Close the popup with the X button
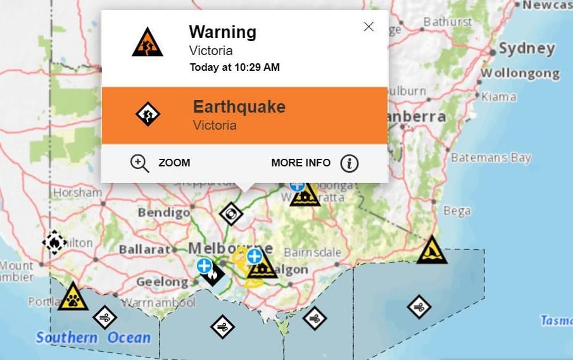pos(368,27)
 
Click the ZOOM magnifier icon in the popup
pos(139,163)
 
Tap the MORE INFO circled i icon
pos(349,163)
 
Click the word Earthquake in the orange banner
pos(239,106)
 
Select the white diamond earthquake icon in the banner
pos(148,115)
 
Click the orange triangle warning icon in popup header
pos(148,42)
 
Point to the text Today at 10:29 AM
pos(234,67)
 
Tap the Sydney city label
pos(527,49)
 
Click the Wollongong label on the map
pos(520,73)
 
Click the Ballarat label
pos(144,249)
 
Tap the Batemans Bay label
pos(491,158)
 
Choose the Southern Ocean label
pos(93,337)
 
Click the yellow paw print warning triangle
pos(73,297)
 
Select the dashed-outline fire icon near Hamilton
pos(54,242)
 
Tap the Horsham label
pos(77,192)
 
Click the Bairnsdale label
pos(312,252)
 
